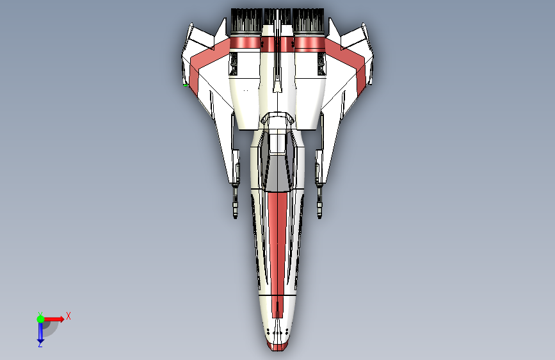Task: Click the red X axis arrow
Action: click(56, 318)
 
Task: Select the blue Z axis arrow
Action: click(40, 332)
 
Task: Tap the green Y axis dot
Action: click(40, 318)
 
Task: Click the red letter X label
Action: click(68, 316)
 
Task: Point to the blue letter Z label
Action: click(40, 345)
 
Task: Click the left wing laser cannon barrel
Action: click(235, 202)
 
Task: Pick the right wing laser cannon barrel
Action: click(319, 202)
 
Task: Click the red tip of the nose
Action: click(277, 347)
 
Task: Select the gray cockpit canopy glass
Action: click(277, 172)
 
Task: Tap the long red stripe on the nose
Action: click(277, 243)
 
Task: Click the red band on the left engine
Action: click(244, 44)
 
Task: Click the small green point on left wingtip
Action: click(186, 85)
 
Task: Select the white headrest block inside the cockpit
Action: click(277, 143)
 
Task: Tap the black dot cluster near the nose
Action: click(277, 332)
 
